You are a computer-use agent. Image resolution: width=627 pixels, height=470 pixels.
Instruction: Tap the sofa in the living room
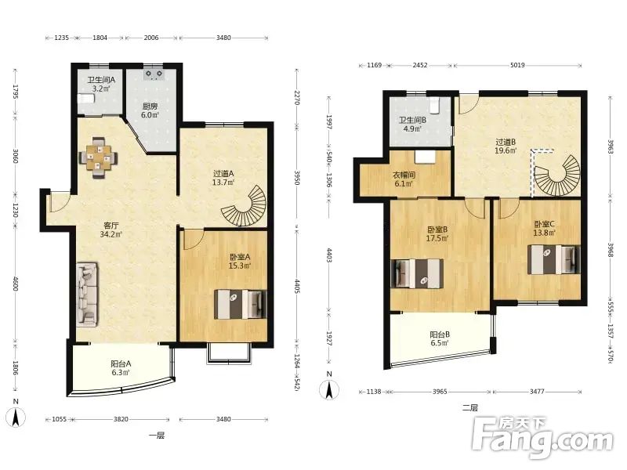coord(87,293)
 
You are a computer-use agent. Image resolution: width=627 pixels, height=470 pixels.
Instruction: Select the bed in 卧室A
coord(241,304)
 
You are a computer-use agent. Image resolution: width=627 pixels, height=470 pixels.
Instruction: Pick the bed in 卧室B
coord(417,273)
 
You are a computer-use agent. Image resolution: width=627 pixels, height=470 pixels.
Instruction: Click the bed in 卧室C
coord(554,259)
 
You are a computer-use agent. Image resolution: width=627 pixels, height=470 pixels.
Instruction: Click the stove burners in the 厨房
coord(154,74)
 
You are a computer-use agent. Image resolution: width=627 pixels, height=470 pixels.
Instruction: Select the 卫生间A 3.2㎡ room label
coord(101,84)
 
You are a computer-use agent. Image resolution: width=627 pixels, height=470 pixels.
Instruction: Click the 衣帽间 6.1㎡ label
coord(404,179)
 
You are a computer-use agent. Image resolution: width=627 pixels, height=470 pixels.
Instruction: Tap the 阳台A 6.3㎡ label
coord(121,368)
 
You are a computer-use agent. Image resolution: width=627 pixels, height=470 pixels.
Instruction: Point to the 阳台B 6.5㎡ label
coord(440,338)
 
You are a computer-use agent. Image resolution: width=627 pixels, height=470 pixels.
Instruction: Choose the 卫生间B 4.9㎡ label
coord(412,125)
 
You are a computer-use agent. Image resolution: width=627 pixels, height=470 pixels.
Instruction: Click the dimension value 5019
coord(517,65)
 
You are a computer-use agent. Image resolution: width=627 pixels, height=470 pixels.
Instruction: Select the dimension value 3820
coord(121,419)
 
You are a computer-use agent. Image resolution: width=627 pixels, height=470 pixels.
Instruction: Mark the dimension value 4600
coord(16,283)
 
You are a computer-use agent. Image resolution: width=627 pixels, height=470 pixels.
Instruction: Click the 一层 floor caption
coord(157,436)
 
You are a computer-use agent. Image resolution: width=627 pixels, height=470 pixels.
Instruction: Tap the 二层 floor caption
coord(469,408)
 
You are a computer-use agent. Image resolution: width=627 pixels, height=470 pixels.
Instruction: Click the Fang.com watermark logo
coord(542,438)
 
